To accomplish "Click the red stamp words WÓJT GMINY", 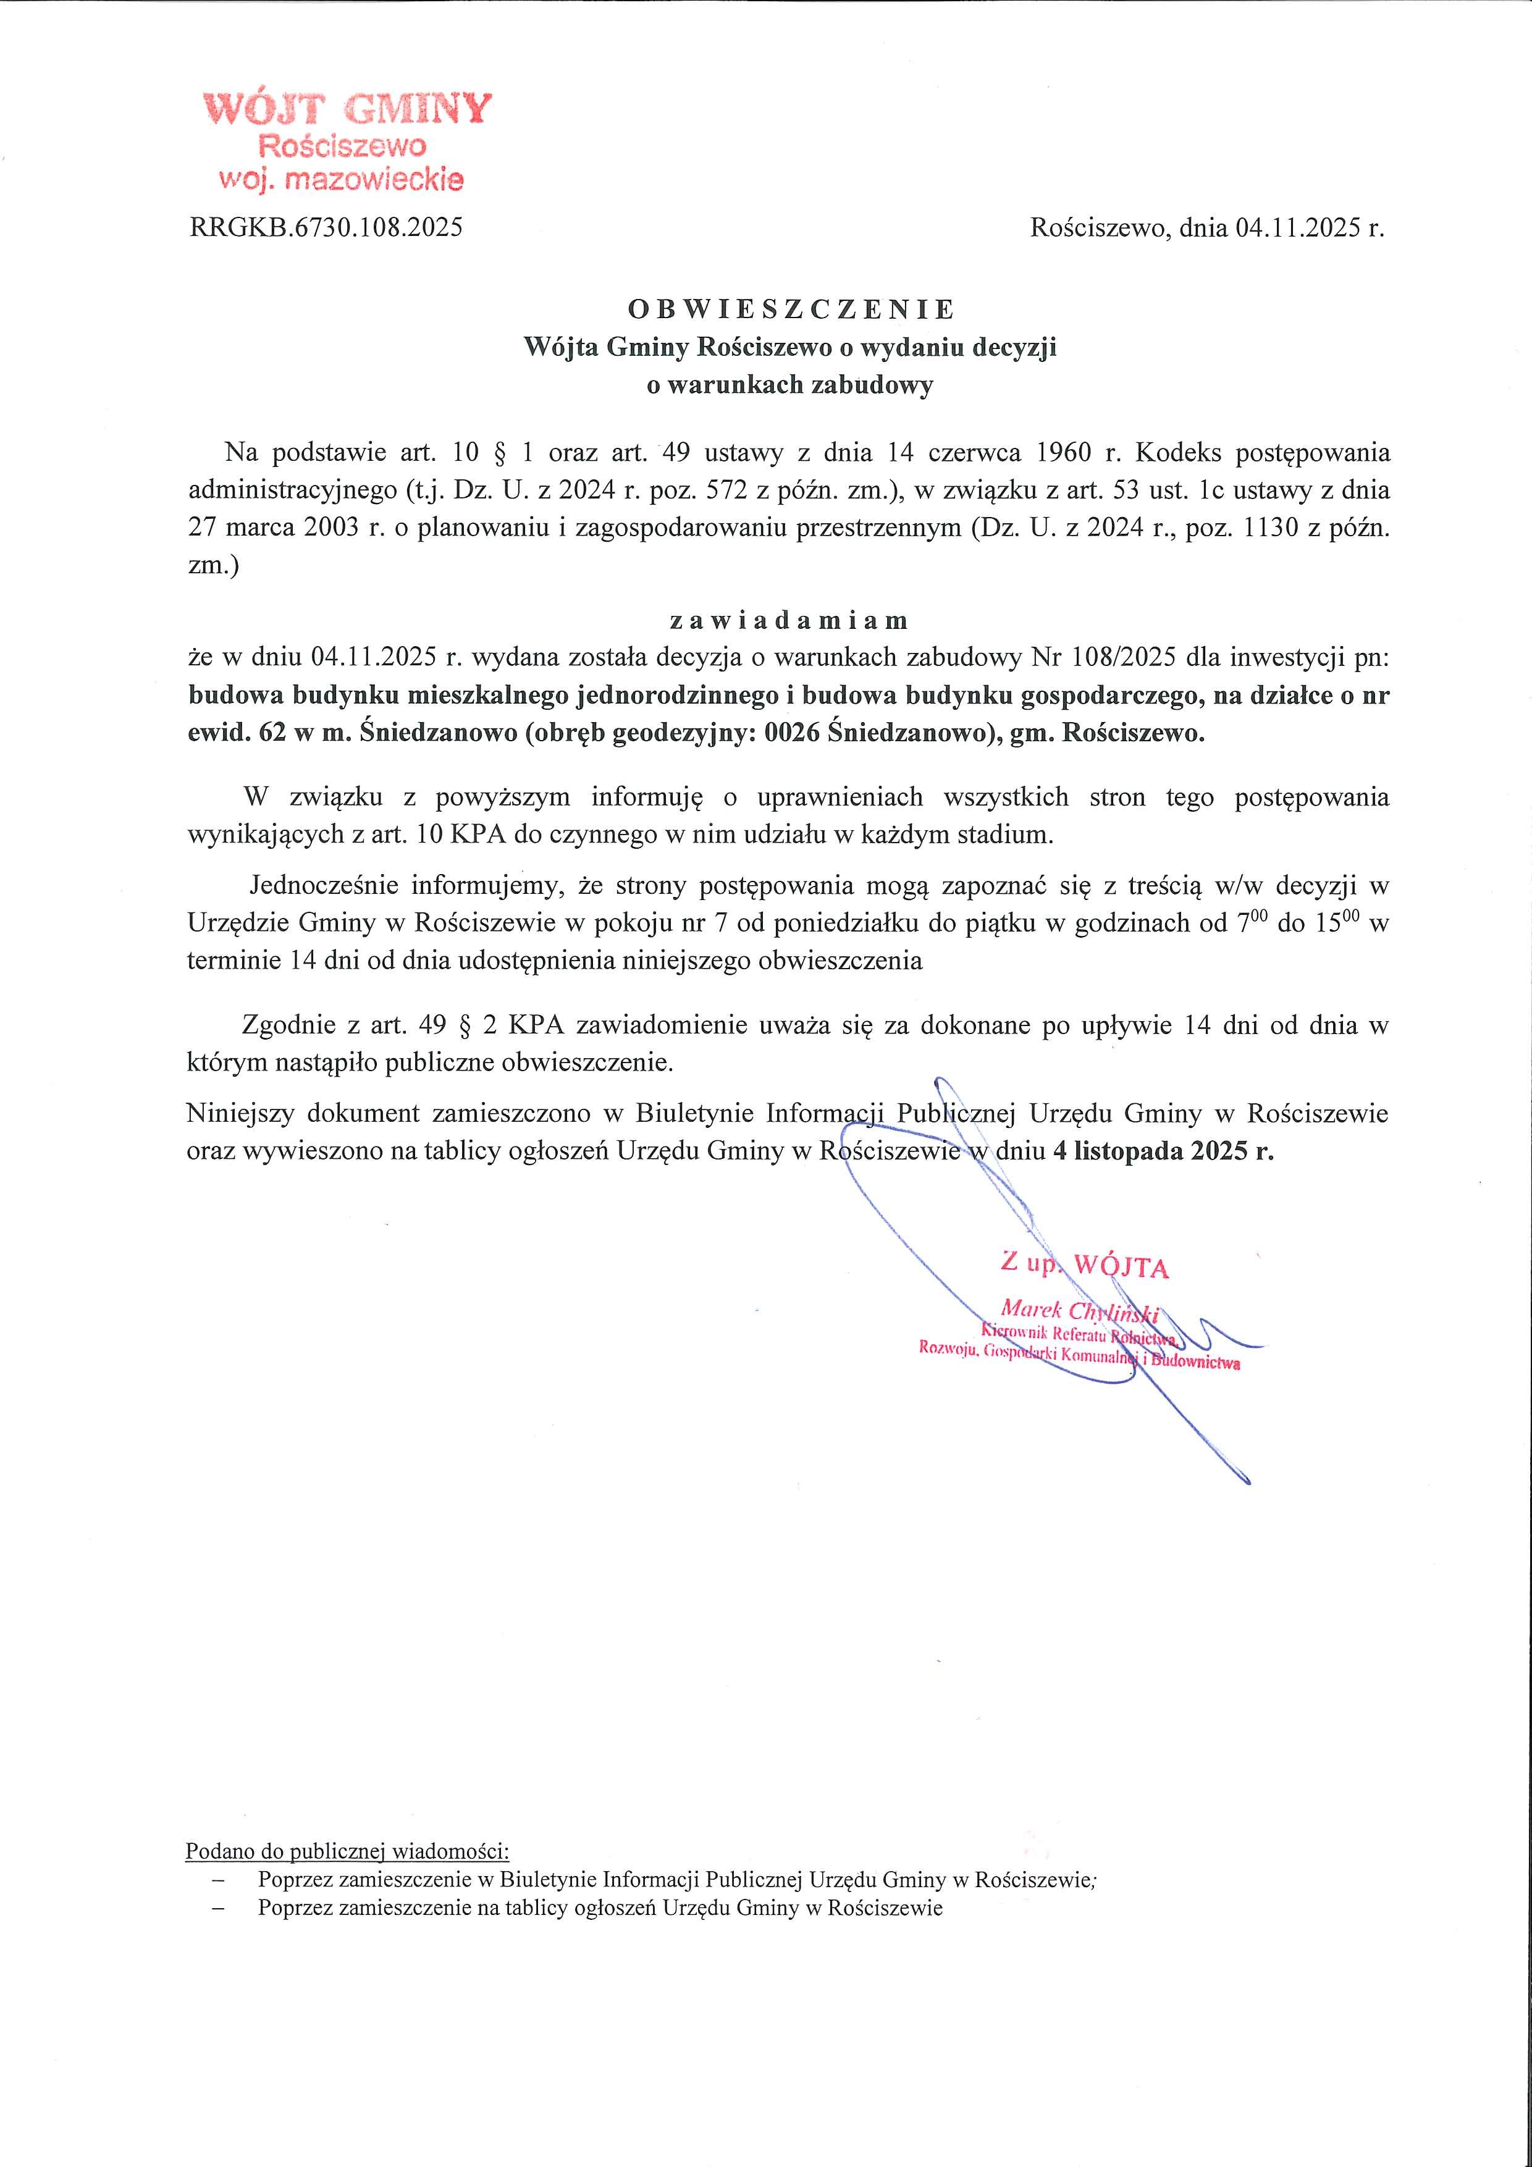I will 347,109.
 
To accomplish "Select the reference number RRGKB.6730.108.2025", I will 326,227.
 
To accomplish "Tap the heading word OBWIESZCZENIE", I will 791,309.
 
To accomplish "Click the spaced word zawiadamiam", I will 788,621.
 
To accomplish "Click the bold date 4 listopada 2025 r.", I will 1163,1151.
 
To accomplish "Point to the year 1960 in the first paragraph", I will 1066,453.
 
